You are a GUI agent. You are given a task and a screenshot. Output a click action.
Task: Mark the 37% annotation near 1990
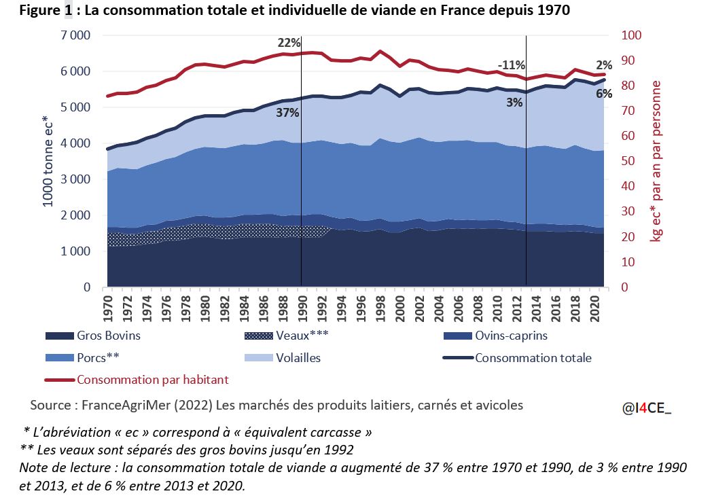tap(287, 113)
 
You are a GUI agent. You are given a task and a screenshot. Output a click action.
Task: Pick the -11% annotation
tap(511, 65)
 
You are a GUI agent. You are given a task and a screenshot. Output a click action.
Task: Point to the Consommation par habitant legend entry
tap(152, 380)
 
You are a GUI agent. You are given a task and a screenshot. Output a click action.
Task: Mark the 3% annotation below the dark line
tap(514, 103)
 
